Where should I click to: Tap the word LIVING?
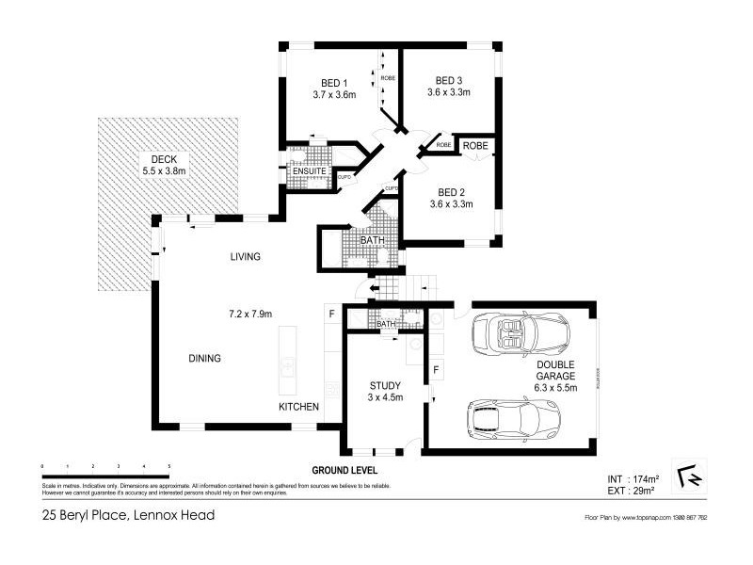(245, 257)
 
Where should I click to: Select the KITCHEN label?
(298, 407)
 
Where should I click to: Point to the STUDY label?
(385, 385)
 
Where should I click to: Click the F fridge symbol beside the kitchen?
(331, 312)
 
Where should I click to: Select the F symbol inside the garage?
(436, 369)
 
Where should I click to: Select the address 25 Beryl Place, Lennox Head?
(128, 514)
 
